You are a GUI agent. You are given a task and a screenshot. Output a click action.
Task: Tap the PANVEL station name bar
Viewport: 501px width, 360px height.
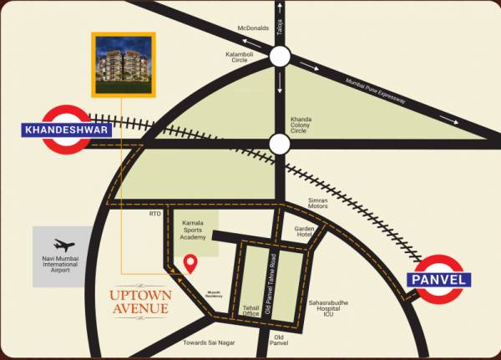point(440,280)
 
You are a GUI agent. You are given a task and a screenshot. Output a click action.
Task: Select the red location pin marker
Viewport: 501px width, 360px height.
point(190,264)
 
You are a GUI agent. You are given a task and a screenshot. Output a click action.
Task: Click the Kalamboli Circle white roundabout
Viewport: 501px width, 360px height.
point(279,58)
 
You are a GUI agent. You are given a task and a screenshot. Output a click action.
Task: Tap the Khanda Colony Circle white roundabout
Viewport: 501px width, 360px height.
point(279,144)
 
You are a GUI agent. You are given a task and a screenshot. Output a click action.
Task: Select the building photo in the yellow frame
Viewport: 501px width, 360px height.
point(123,64)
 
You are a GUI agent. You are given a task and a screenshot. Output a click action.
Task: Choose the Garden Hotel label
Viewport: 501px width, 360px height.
point(303,231)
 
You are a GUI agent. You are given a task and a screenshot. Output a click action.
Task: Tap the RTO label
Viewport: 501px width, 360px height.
point(154,215)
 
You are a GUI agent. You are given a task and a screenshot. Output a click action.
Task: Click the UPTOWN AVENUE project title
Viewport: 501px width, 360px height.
point(140,302)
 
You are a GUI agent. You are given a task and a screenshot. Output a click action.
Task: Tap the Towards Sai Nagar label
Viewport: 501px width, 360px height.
point(210,342)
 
